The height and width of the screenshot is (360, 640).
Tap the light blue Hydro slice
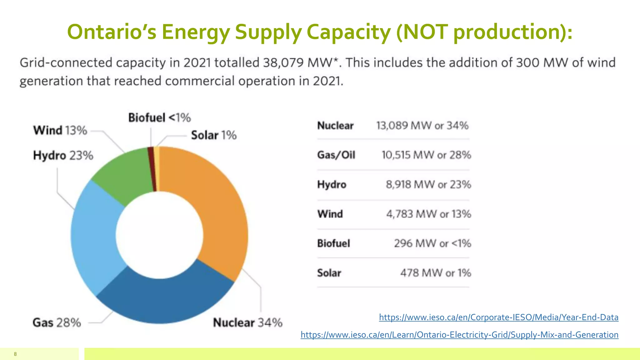pos(94,237)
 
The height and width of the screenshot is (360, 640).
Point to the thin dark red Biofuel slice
pos(152,169)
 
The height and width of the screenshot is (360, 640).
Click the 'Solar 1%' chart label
pos(214,135)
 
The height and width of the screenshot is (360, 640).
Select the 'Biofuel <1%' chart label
pos(159,118)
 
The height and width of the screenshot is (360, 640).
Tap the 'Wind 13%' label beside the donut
pos(60,130)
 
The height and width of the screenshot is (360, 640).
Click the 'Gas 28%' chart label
pos(57,322)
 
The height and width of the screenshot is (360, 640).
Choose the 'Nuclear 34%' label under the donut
pos(247,322)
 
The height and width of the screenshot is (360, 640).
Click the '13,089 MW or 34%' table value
pos(422,126)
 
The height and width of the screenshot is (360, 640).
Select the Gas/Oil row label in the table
pos(336,155)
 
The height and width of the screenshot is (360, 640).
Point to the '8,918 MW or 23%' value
pos(428,184)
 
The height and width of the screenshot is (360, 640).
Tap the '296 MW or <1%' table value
pos(432,243)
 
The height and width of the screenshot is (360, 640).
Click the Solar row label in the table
pos(329,273)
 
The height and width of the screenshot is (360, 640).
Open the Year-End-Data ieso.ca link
pos(498,317)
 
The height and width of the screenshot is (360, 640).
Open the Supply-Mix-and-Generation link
pos(459,335)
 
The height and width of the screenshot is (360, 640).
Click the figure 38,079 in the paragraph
pos(283,63)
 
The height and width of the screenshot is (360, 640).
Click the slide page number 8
pos(15,354)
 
